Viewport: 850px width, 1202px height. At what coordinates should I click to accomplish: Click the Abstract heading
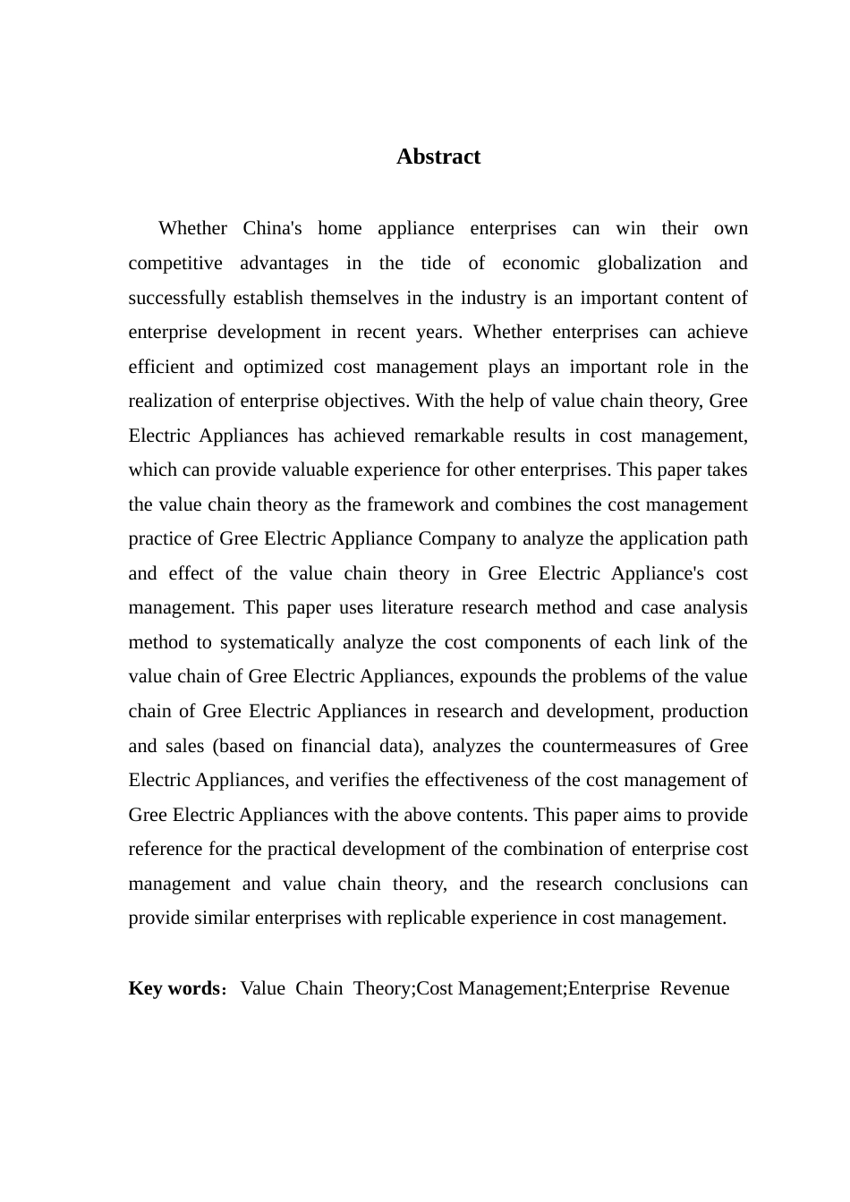point(438,157)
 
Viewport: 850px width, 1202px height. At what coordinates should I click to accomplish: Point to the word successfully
point(177,298)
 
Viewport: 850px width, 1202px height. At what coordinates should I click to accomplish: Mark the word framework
point(407,504)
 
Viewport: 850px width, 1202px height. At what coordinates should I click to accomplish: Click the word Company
point(459,538)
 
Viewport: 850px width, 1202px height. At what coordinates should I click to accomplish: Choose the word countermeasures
point(622,746)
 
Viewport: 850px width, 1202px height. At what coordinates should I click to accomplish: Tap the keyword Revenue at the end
point(694,988)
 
